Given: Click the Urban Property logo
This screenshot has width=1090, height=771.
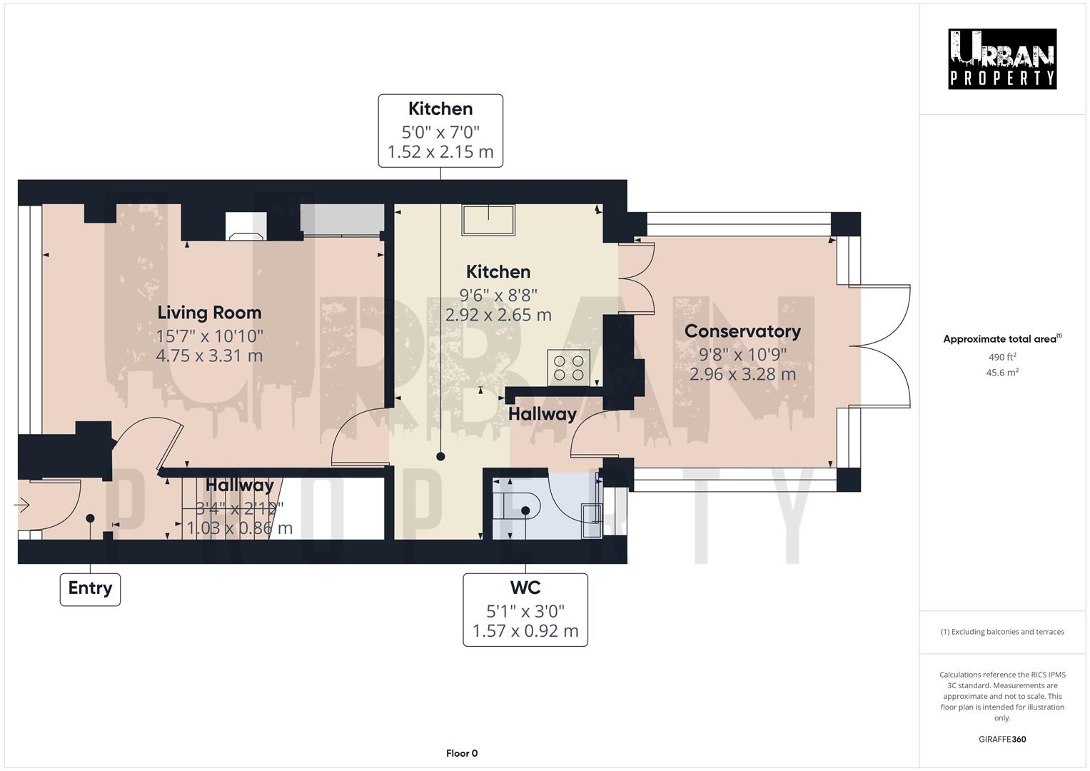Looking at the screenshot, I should (1001, 59).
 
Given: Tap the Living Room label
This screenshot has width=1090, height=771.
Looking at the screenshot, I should (209, 313).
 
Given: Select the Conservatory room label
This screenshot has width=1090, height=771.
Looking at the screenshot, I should (742, 331).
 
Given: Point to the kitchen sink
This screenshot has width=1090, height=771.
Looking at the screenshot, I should (488, 220).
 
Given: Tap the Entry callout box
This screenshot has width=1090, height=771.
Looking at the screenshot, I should (90, 588).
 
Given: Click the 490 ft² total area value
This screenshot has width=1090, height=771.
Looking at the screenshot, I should (1001, 357).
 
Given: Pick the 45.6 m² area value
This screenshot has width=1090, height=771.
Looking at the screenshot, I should (1001, 372).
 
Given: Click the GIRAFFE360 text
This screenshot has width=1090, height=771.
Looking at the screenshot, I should (1001, 739).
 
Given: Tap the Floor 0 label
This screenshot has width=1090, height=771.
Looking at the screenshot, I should (461, 753).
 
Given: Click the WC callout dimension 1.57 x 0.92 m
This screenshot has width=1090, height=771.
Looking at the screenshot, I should (525, 631).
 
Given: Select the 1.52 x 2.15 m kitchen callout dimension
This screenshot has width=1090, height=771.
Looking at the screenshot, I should (440, 152).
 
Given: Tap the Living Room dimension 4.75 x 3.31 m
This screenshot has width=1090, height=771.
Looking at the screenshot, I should (209, 356).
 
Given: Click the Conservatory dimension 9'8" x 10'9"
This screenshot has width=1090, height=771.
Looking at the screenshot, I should (742, 353).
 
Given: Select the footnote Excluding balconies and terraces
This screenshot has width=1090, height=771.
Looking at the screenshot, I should (1001, 632).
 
